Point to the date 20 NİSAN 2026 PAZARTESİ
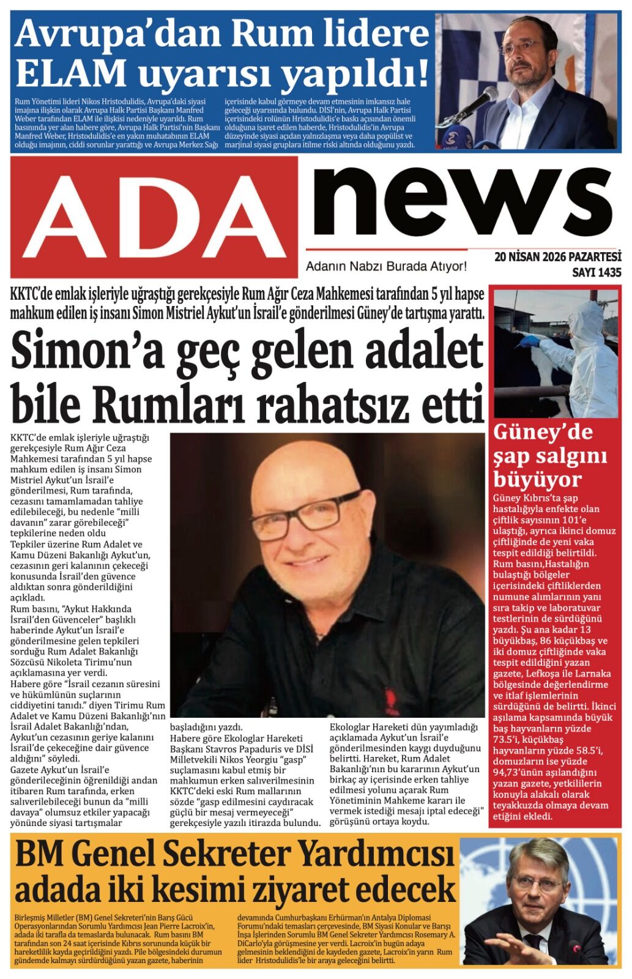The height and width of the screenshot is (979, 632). (x=557, y=256)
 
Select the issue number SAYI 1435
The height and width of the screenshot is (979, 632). (x=596, y=272)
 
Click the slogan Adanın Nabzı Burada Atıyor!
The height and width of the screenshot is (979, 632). (x=386, y=266)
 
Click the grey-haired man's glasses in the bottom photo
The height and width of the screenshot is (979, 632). (x=535, y=884)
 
